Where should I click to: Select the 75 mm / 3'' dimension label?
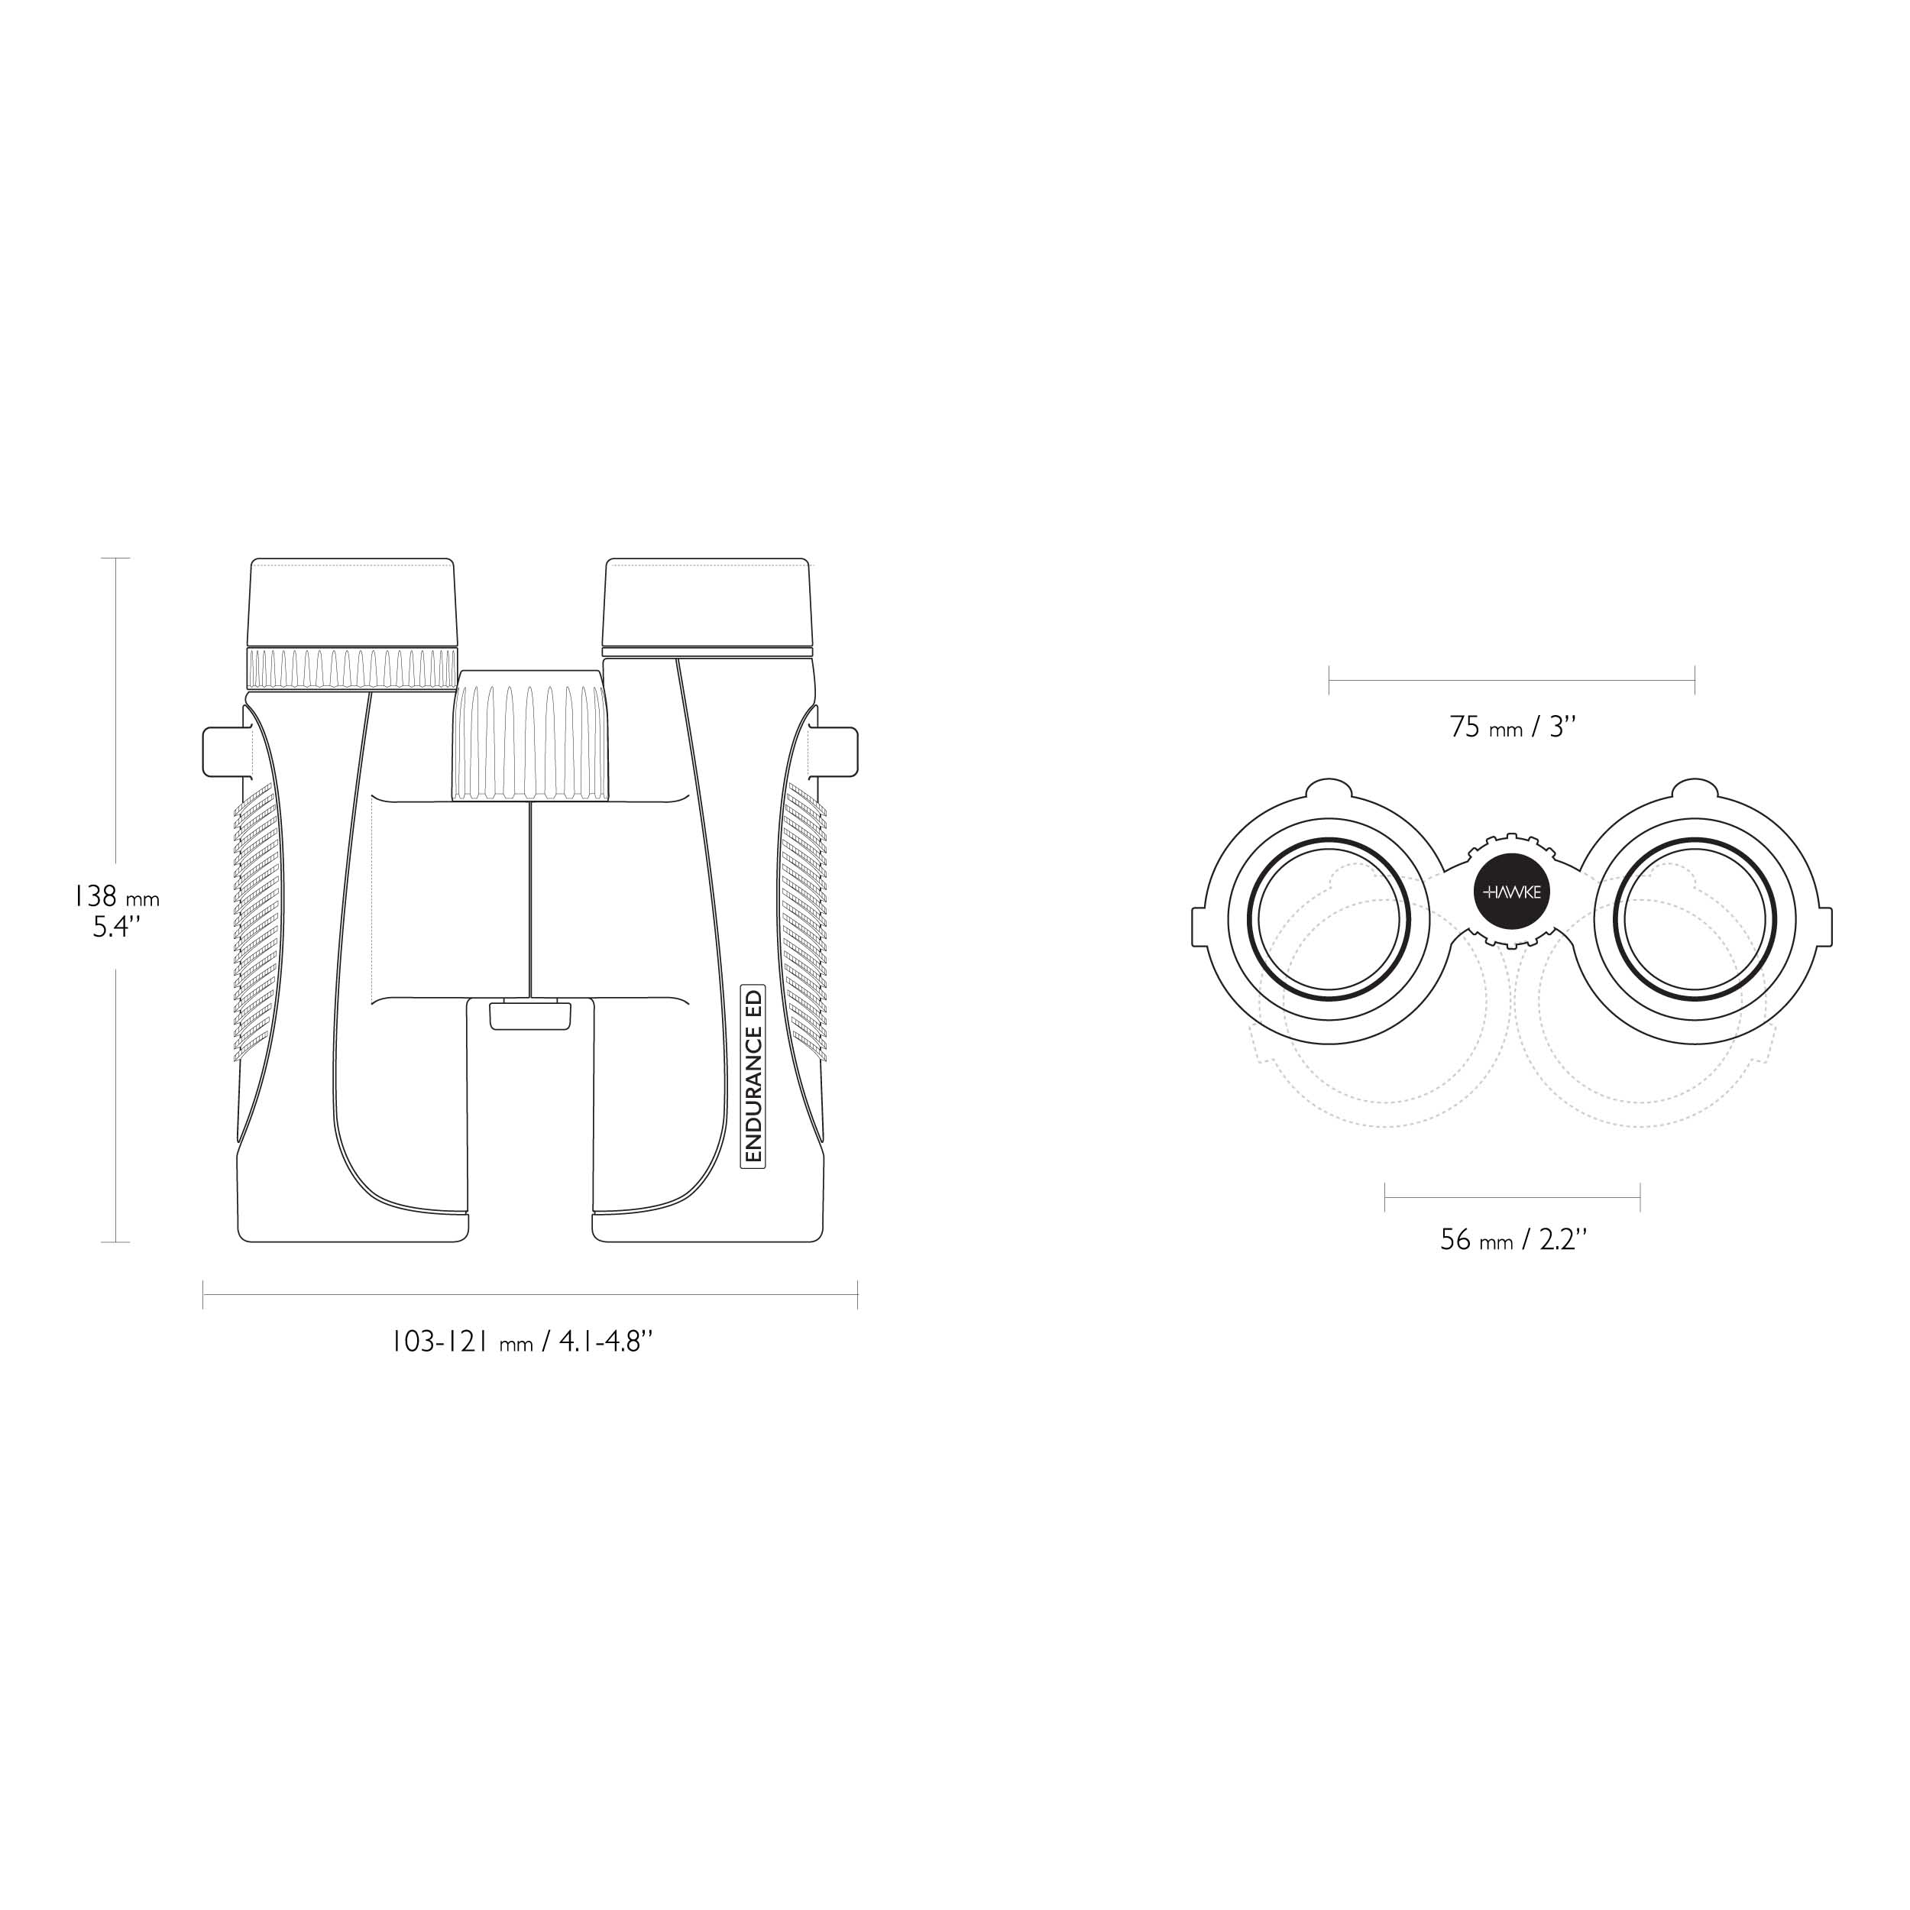tap(1513, 727)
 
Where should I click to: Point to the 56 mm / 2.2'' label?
tap(1513, 1238)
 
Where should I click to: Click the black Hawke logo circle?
tap(1513, 892)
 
